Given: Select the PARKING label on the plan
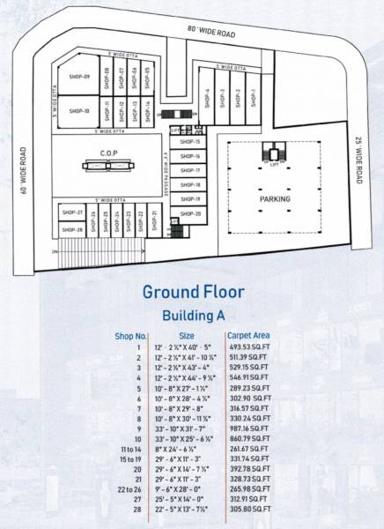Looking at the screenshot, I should (x=275, y=199).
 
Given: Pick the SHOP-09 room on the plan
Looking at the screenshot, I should (x=81, y=77).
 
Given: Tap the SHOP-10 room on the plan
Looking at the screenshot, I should (x=79, y=111).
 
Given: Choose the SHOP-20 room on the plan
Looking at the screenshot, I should (x=191, y=214).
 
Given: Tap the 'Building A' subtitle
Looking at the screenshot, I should (x=192, y=315).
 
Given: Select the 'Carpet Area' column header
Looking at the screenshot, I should (x=247, y=335).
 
